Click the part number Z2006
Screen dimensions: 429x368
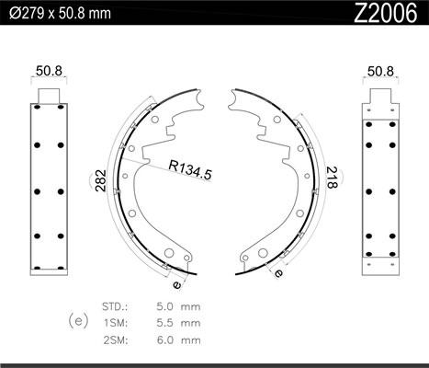tap(386, 14)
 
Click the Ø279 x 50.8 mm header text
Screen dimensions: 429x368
tap(60, 14)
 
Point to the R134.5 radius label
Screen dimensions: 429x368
tap(190, 170)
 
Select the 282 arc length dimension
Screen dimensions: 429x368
tap(100, 180)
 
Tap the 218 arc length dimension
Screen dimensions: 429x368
tap(332, 178)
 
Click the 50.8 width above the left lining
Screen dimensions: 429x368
tap(49, 71)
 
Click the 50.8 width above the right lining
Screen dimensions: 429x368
tap(380, 72)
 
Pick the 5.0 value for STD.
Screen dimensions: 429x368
tap(164, 306)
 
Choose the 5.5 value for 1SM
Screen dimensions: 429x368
tap(164, 323)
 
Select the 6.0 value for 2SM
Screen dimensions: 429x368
tap(164, 340)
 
